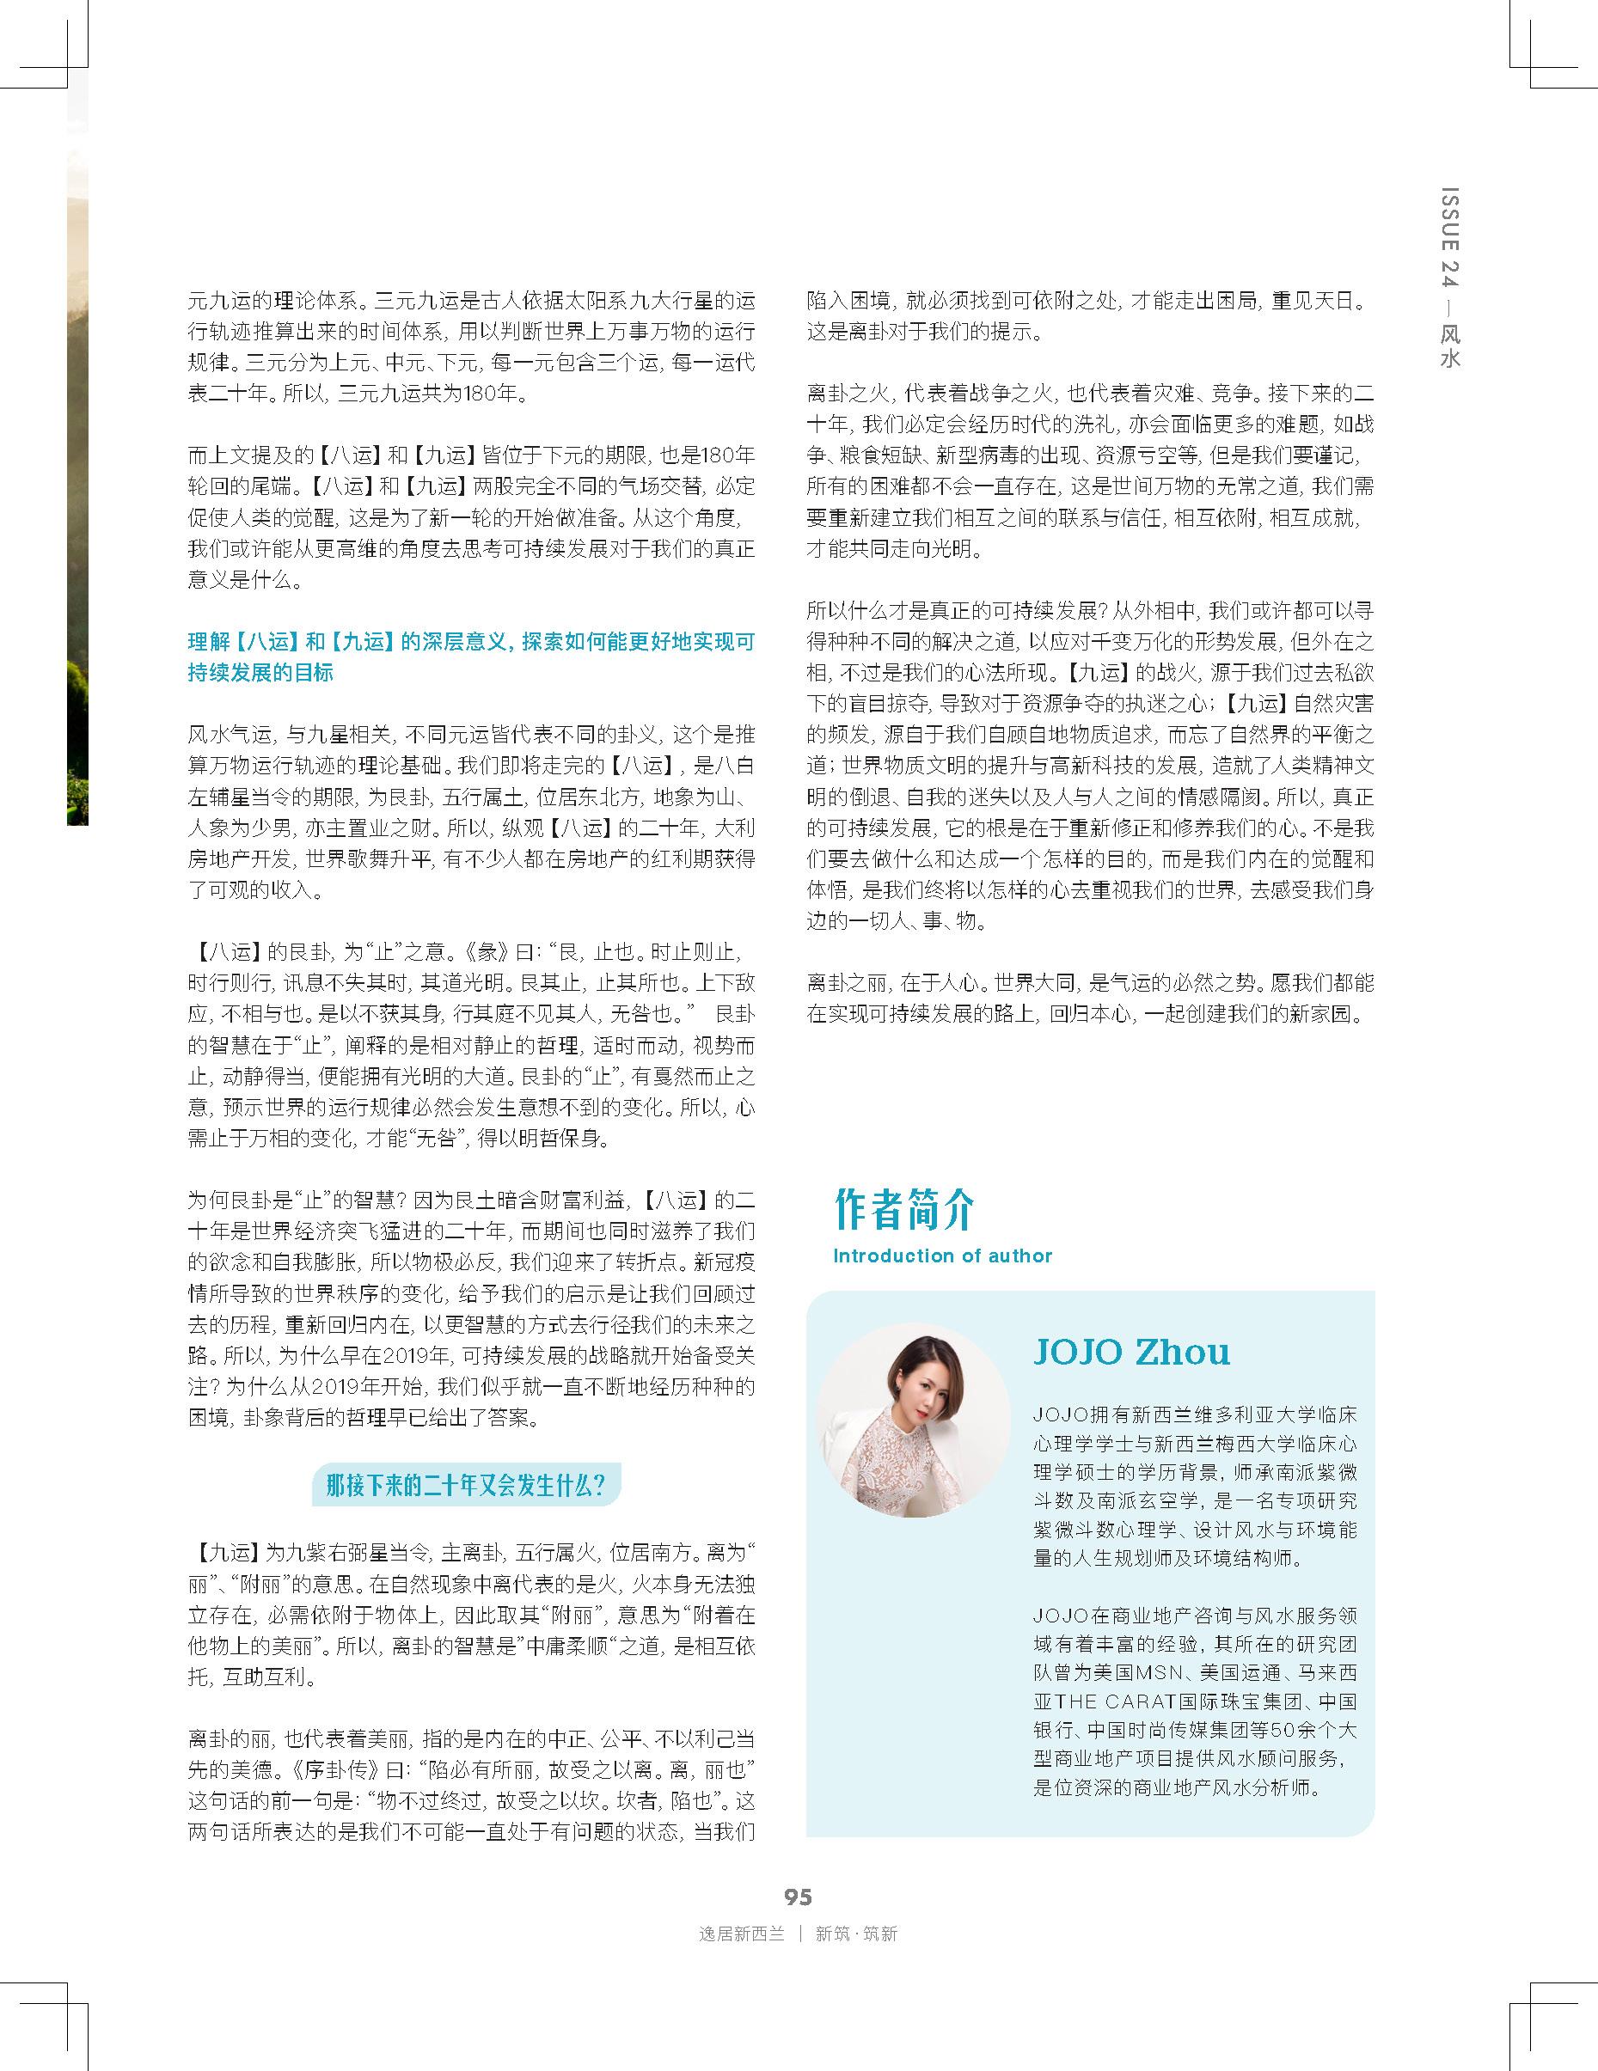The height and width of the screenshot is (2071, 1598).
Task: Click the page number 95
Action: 798,1896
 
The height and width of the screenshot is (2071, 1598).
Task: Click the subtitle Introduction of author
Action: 942,1255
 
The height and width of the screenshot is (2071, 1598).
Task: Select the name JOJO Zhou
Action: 1130,1351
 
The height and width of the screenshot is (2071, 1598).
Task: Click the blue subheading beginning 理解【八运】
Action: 471,657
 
